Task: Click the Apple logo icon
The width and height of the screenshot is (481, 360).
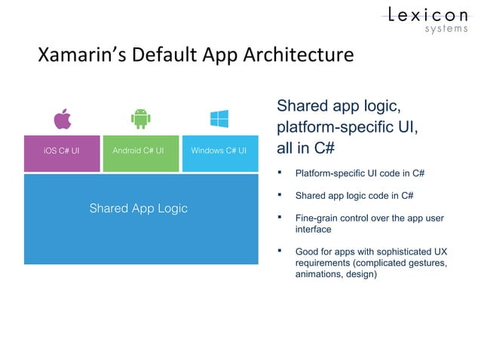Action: pyautogui.click(x=61, y=119)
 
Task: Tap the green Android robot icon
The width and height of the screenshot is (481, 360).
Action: pyautogui.click(x=139, y=119)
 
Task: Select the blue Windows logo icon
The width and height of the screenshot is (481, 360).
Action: pyautogui.click(x=219, y=119)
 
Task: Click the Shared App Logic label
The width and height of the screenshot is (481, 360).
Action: pyautogui.click(x=139, y=208)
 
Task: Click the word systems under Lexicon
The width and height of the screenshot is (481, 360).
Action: pyautogui.click(x=446, y=30)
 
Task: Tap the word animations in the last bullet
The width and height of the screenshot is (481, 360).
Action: pyautogui.click(x=319, y=274)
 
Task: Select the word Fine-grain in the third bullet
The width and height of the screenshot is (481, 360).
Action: pyautogui.click(x=316, y=218)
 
